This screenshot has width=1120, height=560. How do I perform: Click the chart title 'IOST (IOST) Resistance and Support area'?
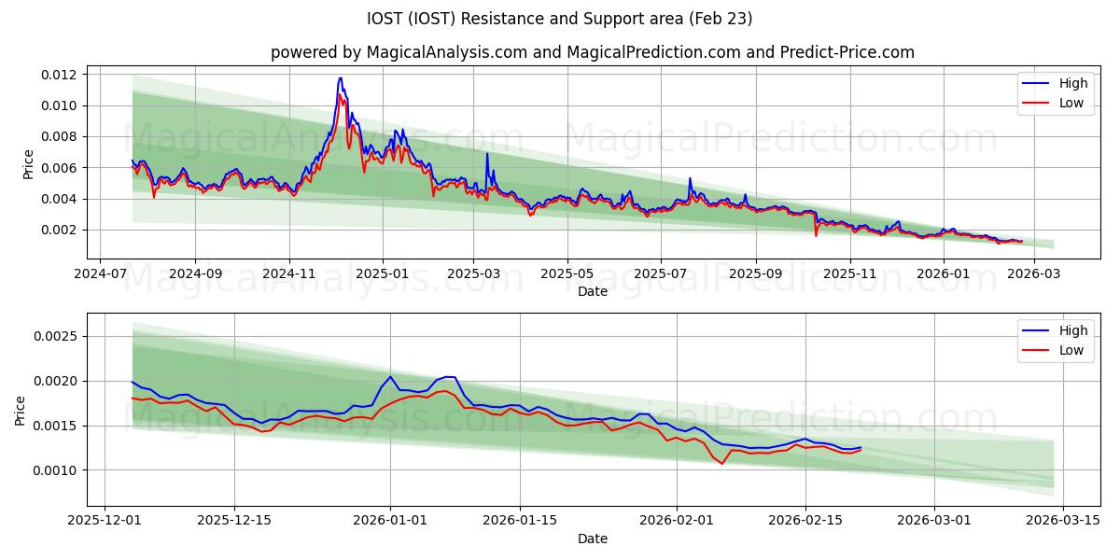(560, 19)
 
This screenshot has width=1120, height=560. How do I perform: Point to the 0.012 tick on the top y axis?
(58, 74)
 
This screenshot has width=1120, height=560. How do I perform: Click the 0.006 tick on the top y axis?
(58, 168)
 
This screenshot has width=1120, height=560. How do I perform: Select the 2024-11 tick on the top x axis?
(288, 275)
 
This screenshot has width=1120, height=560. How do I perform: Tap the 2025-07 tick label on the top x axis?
(661, 275)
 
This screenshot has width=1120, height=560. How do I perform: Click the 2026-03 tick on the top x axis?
(1033, 275)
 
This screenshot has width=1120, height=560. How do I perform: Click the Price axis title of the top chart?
(28, 164)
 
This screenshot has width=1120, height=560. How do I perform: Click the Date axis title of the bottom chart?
(592, 539)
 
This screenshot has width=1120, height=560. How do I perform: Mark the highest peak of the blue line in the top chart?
(341, 78)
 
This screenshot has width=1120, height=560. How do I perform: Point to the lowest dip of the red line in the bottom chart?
(721, 464)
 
